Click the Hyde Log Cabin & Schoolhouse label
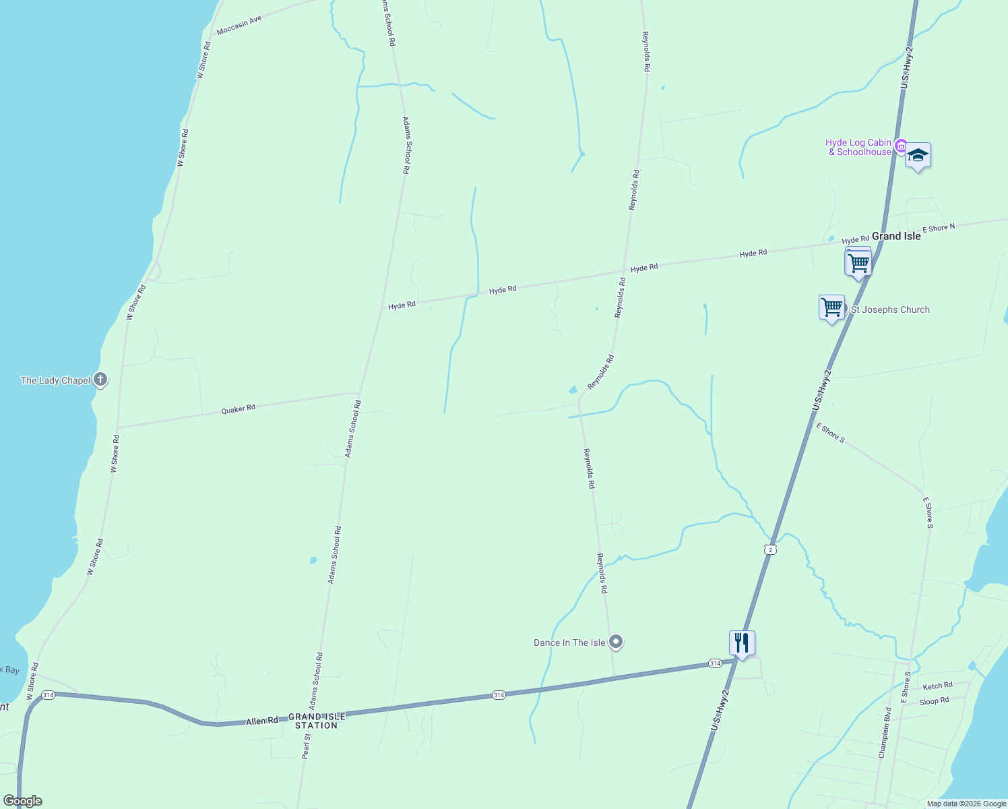(858, 147)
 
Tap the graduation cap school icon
(918, 156)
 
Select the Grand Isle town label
(896, 236)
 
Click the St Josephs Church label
(890, 309)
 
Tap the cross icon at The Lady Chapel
(100, 380)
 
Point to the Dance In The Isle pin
(616, 642)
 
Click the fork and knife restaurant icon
(742, 644)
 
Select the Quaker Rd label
(239, 409)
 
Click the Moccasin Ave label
(239, 26)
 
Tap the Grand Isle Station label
(316, 721)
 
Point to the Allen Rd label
(262, 721)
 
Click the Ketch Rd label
(937, 686)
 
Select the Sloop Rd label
(934, 701)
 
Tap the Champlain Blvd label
(885, 732)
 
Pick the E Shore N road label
(938, 229)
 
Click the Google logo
(22, 801)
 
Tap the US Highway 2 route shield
(771, 549)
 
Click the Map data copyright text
(966, 804)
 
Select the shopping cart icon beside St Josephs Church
(832, 308)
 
